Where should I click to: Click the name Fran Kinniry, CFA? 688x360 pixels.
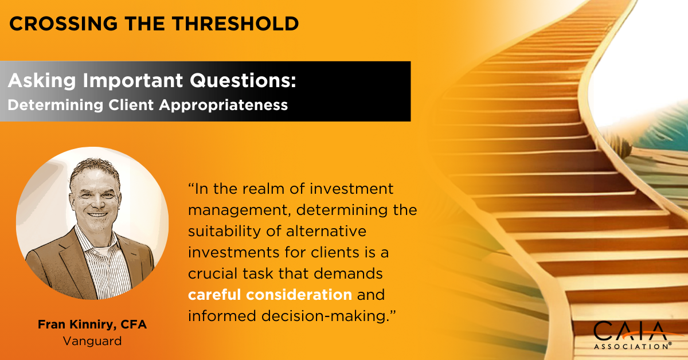click(92, 325)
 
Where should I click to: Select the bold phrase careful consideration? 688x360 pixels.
click(270, 295)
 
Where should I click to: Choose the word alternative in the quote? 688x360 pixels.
click(333, 232)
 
